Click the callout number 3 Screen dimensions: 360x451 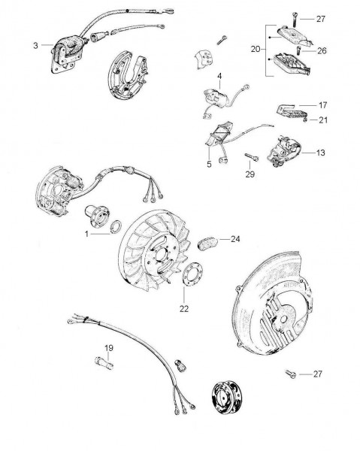(x=35, y=45)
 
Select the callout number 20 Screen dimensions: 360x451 (x=256, y=49)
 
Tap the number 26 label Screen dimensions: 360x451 (x=322, y=50)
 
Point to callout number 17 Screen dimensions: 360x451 (x=323, y=105)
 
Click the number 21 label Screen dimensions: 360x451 (x=323, y=120)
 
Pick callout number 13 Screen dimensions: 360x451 (x=321, y=153)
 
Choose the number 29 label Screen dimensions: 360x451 (x=250, y=174)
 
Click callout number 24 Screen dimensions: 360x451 (x=235, y=239)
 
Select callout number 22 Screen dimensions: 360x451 (x=184, y=309)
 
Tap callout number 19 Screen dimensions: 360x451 (x=109, y=348)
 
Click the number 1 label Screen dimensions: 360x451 (x=86, y=234)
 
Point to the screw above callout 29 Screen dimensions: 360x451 (x=252, y=157)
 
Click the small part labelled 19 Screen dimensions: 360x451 (x=104, y=362)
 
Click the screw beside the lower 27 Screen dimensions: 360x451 (x=291, y=374)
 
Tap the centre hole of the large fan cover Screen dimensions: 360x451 (x=283, y=319)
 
